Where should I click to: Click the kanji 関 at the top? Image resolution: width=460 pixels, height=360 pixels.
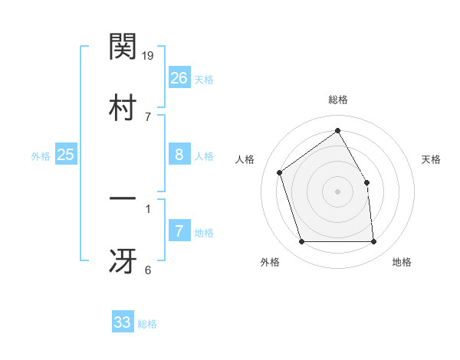pos(123,47)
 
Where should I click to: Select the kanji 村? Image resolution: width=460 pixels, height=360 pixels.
pos(123,106)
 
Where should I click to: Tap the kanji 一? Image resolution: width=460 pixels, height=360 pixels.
pos(123,199)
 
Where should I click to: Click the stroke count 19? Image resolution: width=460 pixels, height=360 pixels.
pos(149,55)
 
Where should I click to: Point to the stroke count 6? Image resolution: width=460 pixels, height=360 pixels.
pos(148,270)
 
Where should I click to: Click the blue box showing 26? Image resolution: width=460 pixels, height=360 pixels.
pos(179,78)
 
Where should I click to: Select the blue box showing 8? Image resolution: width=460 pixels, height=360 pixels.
pos(179,155)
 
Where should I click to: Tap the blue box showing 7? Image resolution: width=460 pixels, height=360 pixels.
pos(179,231)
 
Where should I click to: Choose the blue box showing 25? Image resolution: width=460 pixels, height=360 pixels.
pos(65,155)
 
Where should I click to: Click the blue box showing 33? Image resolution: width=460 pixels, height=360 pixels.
pos(123,322)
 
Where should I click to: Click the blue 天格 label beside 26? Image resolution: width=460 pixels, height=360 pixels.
pos(204,80)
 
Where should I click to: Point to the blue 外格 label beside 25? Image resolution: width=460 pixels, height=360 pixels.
pos(41,156)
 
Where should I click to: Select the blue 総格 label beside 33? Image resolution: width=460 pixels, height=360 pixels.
pos(148,324)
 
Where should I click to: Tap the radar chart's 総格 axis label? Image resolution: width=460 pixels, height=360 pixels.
pos(338,100)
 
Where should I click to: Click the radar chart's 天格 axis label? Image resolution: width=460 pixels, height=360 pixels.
pos(432,159)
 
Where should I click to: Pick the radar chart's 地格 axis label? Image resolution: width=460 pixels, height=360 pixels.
pos(402,263)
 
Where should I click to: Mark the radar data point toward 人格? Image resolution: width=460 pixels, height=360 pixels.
pos(280,172)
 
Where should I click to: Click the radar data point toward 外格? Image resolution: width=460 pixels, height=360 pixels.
pos(301,242)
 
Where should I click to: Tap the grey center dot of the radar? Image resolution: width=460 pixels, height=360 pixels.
pos(338,191)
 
